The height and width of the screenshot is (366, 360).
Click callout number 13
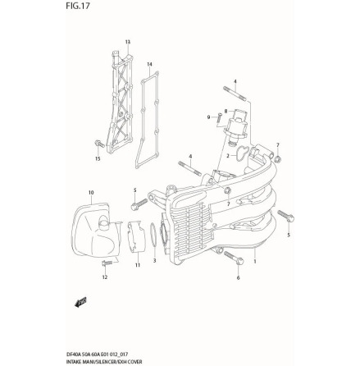(127, 42)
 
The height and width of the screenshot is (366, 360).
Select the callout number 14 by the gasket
(149, 64)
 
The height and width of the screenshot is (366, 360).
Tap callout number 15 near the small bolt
(98, 158)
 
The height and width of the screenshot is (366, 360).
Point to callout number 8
(226, 111)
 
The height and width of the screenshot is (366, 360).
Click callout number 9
(208, 117)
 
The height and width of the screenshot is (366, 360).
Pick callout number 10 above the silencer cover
(91, 192)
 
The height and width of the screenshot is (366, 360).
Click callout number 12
(104, 277)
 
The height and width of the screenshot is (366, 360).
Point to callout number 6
(238, 277)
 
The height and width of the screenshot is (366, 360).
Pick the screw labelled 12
(107, 262)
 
